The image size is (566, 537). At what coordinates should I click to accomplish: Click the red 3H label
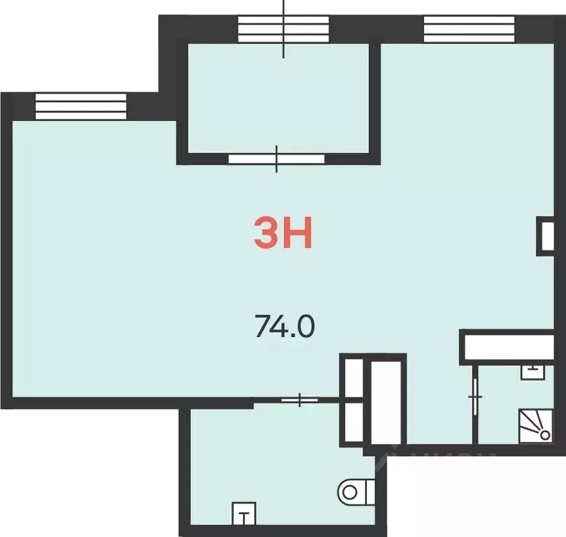[x=282, y=234]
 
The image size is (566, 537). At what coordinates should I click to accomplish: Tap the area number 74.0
[x=285, y=326]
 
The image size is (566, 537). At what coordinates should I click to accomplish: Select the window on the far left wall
[x=80, y=107]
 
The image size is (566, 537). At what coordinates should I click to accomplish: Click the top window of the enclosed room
[x=283, y=29]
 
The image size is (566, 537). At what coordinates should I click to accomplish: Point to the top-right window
[x=469, y=29]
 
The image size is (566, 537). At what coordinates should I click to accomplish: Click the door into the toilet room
[x=300, y=400]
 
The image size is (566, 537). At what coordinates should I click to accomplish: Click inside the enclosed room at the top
[x=283, y=98]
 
